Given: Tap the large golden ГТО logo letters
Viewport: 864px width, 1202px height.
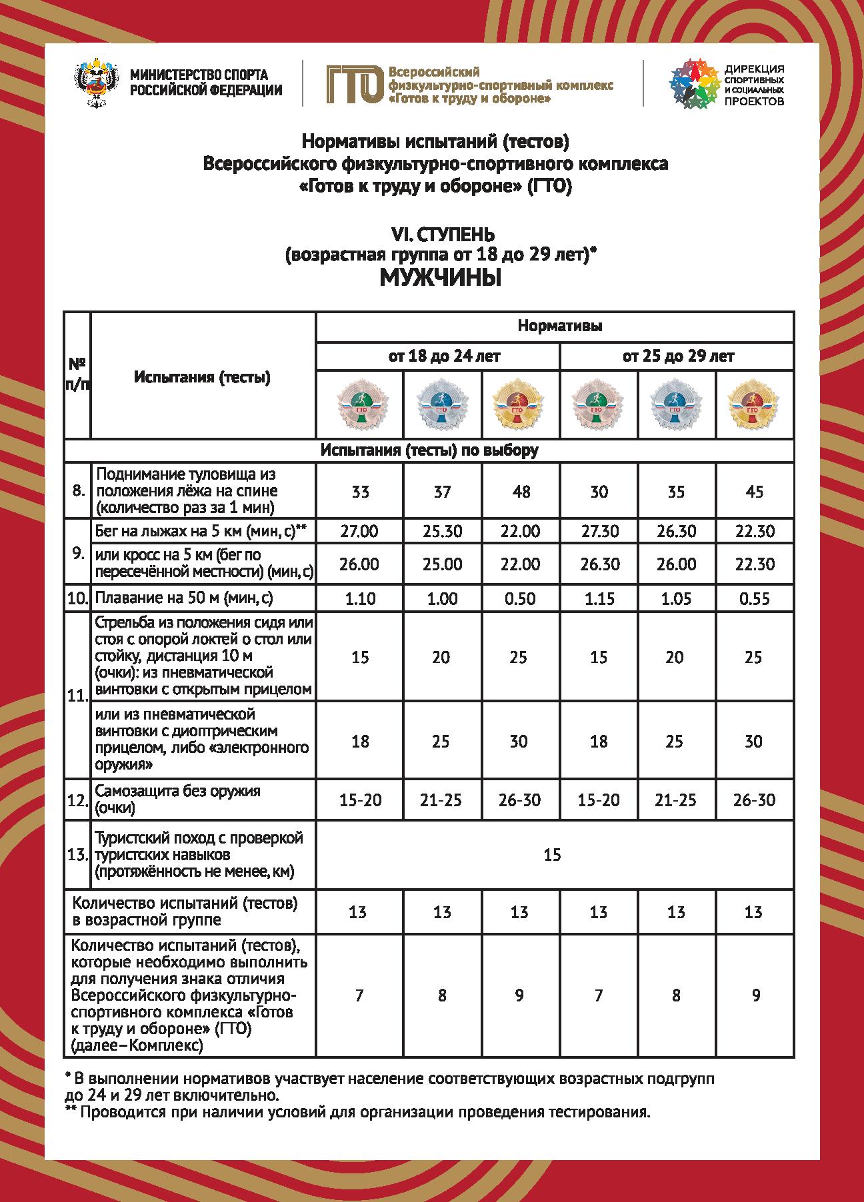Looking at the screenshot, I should (354, 85).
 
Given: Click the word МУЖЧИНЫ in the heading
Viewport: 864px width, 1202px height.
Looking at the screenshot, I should (440, 278).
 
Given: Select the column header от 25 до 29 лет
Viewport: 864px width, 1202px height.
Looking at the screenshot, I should (678, 356).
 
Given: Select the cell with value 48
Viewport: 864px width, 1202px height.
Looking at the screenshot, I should (521, 492).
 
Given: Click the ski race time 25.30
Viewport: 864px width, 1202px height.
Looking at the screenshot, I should (442, 531).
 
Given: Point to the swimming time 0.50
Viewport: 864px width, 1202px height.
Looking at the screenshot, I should (520, 598).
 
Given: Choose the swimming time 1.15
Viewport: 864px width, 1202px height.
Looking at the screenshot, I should (599, 598).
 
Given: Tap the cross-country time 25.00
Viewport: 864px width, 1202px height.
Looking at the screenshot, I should (442, 564).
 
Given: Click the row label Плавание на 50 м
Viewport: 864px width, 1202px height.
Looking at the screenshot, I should (185, 598).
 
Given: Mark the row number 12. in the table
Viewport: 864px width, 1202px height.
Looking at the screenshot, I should (77, 800).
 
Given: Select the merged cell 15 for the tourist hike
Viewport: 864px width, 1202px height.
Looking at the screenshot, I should (553, 855).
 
